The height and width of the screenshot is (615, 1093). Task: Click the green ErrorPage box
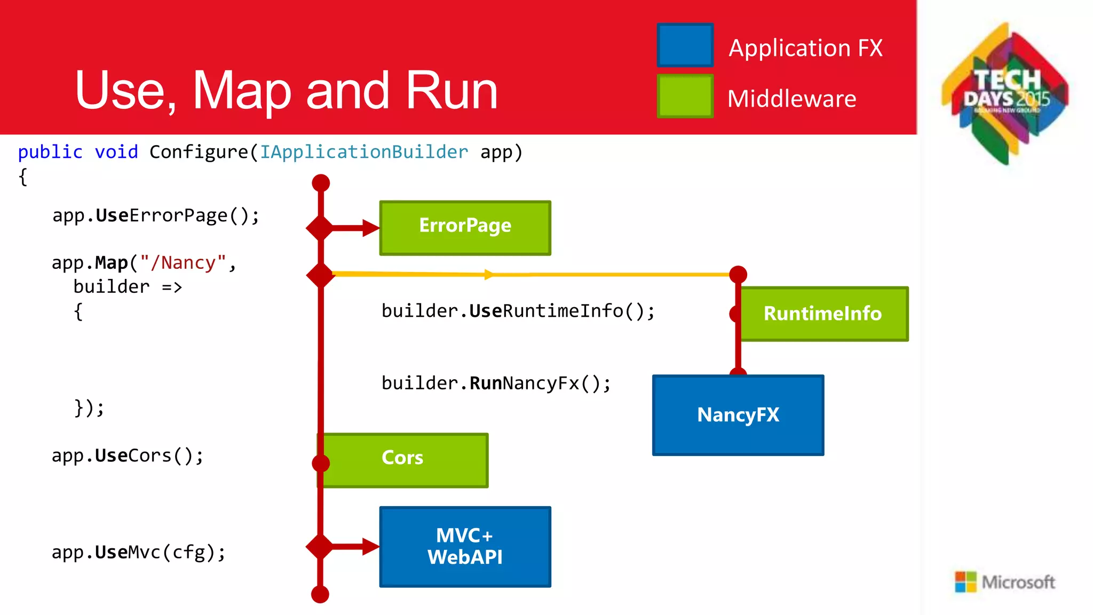coord(465,228)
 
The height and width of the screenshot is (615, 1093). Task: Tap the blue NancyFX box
coord(738,415)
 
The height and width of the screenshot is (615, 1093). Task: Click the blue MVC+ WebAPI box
coord(465,547)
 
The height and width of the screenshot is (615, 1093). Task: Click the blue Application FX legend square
coord(685,45)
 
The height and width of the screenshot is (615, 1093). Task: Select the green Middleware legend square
coord(685,96)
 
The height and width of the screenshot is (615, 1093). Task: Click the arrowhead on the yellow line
coord(489,275)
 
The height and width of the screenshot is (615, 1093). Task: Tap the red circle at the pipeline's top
coord(321,183)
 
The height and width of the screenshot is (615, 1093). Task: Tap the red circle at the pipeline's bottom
coord(320,594)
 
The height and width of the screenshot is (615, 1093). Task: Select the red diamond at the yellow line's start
coord(320,275)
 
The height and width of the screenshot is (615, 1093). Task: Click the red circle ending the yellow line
coord(738,275)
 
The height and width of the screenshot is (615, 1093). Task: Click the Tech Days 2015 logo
coord(1005,93)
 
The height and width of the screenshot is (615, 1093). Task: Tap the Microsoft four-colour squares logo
coord(965,581)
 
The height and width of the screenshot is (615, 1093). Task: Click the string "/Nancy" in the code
coord(183,263)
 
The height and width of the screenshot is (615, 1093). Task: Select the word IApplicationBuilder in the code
coord(364,153)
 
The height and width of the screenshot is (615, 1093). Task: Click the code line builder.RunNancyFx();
coord(496,384)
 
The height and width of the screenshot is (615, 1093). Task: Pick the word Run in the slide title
coord(452,91)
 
